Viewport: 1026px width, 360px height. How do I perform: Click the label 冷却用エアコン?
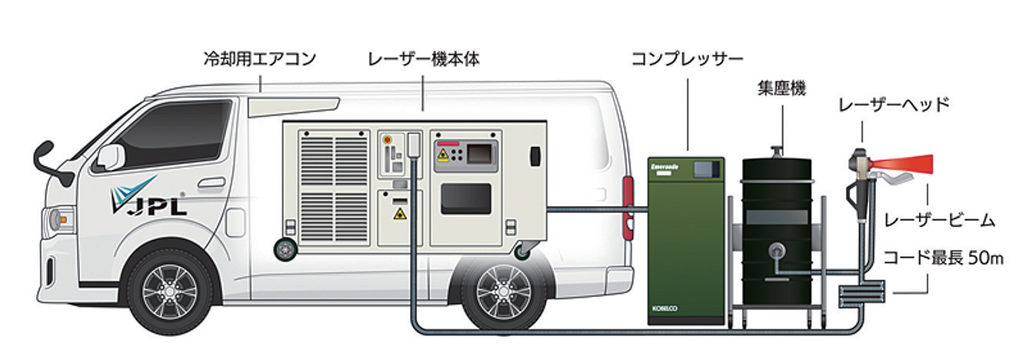point(260,59)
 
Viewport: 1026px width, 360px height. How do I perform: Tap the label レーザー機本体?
point(424,59)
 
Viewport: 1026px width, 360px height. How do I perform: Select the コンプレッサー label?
point(687,59)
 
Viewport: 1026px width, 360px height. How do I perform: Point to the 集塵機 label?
point(781,88)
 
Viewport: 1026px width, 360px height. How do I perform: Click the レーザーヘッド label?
point(894,105)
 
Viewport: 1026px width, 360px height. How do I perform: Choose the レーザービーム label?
point(939,221)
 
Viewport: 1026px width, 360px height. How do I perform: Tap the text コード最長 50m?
point(944,258)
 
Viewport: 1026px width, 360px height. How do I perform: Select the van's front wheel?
point(170,290)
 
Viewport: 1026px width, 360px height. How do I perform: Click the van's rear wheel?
point(504,292)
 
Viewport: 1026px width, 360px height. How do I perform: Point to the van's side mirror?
point(110,157)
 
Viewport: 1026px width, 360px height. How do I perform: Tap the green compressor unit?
point(686,241)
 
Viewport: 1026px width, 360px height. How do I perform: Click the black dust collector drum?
point(777,232)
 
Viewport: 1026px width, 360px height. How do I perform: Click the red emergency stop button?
point(388,139)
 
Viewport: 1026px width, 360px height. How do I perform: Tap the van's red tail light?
point(628,208)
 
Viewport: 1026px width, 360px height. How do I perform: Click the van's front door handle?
point(212,182)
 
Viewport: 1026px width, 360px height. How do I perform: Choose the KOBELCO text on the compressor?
point(665,308)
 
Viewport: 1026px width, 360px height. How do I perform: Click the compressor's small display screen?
point(706,169)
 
